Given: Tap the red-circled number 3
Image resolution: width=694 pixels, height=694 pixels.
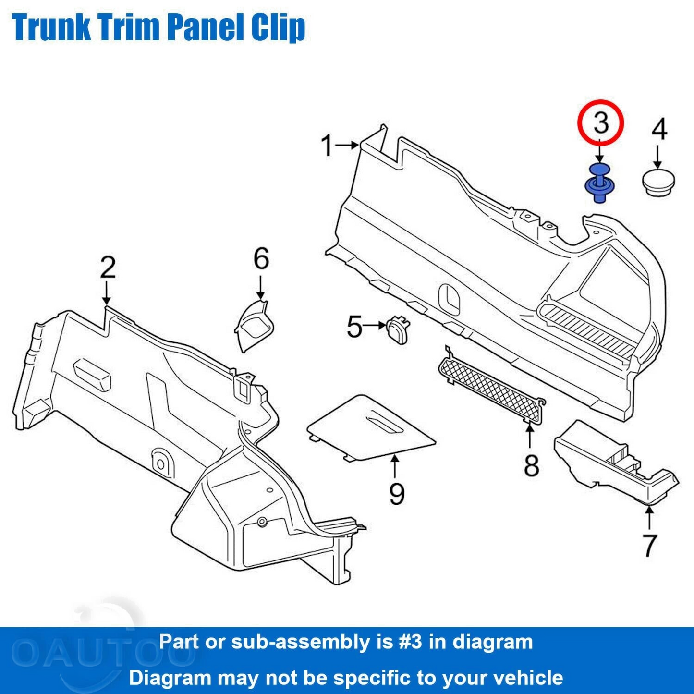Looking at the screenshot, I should pyautogui.click(x=600, y=122).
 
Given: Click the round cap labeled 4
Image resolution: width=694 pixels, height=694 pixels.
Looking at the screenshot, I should pyautogui.click(x=658, y=182).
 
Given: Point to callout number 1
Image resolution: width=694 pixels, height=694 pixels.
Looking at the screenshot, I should pyautogui.click(x=327, y=145).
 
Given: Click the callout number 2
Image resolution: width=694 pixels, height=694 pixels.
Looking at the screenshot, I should pyautogui.click(x=108, y=267).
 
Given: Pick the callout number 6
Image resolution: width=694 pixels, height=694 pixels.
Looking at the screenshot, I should pyautogui.click(x=261, y=259).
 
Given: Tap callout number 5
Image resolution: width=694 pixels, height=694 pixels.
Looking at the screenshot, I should pyautogui.click(x=354, y=327).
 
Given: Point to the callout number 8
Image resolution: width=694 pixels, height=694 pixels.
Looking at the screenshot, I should pyautogui.click(x=531, y=465).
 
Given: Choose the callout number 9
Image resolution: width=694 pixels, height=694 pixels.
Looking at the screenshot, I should pyautogui.click(x=397, y=493).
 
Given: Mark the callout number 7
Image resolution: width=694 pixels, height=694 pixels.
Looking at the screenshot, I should pyautogui.click(x=649, y=545).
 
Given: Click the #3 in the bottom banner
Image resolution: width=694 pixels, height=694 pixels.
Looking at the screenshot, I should pyautogui.click(x=411, y=642).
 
